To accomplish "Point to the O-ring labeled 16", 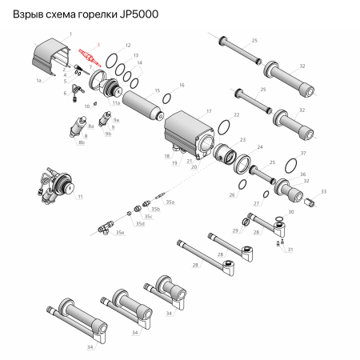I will tap(167, 98).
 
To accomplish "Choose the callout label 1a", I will tap(38, 80).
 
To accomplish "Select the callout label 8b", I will tap(81, 144).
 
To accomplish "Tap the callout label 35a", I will tap(170, 203).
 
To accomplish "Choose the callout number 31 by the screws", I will tap(290, 250).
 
